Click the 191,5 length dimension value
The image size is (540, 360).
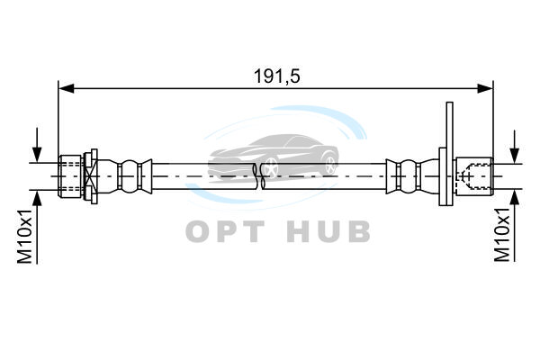pyautogui.click(x=277, y=76)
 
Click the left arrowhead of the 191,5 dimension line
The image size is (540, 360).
pyautogui.click(x=67, y=88)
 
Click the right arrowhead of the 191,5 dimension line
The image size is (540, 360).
pyautogui.click(x=485, y=88)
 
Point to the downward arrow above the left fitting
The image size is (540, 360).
pyautogui.click(x=37, y=145)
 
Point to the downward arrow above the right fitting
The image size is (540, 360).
pyautogui.click(x=515, y=147)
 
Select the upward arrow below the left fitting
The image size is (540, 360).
pyautogui.click(x=37, y=228)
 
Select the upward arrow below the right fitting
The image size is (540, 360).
pyautogui.click(x=515, y=226)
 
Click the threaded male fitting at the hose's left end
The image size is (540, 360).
pyautogui.click(x=70, y=176)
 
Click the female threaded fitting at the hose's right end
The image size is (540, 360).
pyautogui.click(x=474, y=176)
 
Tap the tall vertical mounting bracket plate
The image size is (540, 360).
pyautogui.click(x=449, y=154)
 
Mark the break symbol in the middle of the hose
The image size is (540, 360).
pyautogui.click(x=258, y=176)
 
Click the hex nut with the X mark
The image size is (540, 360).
pyautogui.click(x=91, y=176)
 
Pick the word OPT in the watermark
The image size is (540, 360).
pyautogui.click(x=226, y=231)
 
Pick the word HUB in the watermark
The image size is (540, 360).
pyautogui.click(x=328, y=231)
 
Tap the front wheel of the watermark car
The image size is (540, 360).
pyautogui.click(x=271, y=167)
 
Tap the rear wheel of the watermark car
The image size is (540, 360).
pyautogui.click(x=330, y=164)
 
